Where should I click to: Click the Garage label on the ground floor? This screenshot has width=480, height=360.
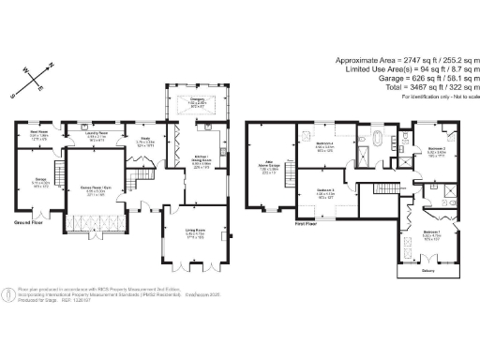pos(39,182)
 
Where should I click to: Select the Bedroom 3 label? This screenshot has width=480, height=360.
pos(324,193)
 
